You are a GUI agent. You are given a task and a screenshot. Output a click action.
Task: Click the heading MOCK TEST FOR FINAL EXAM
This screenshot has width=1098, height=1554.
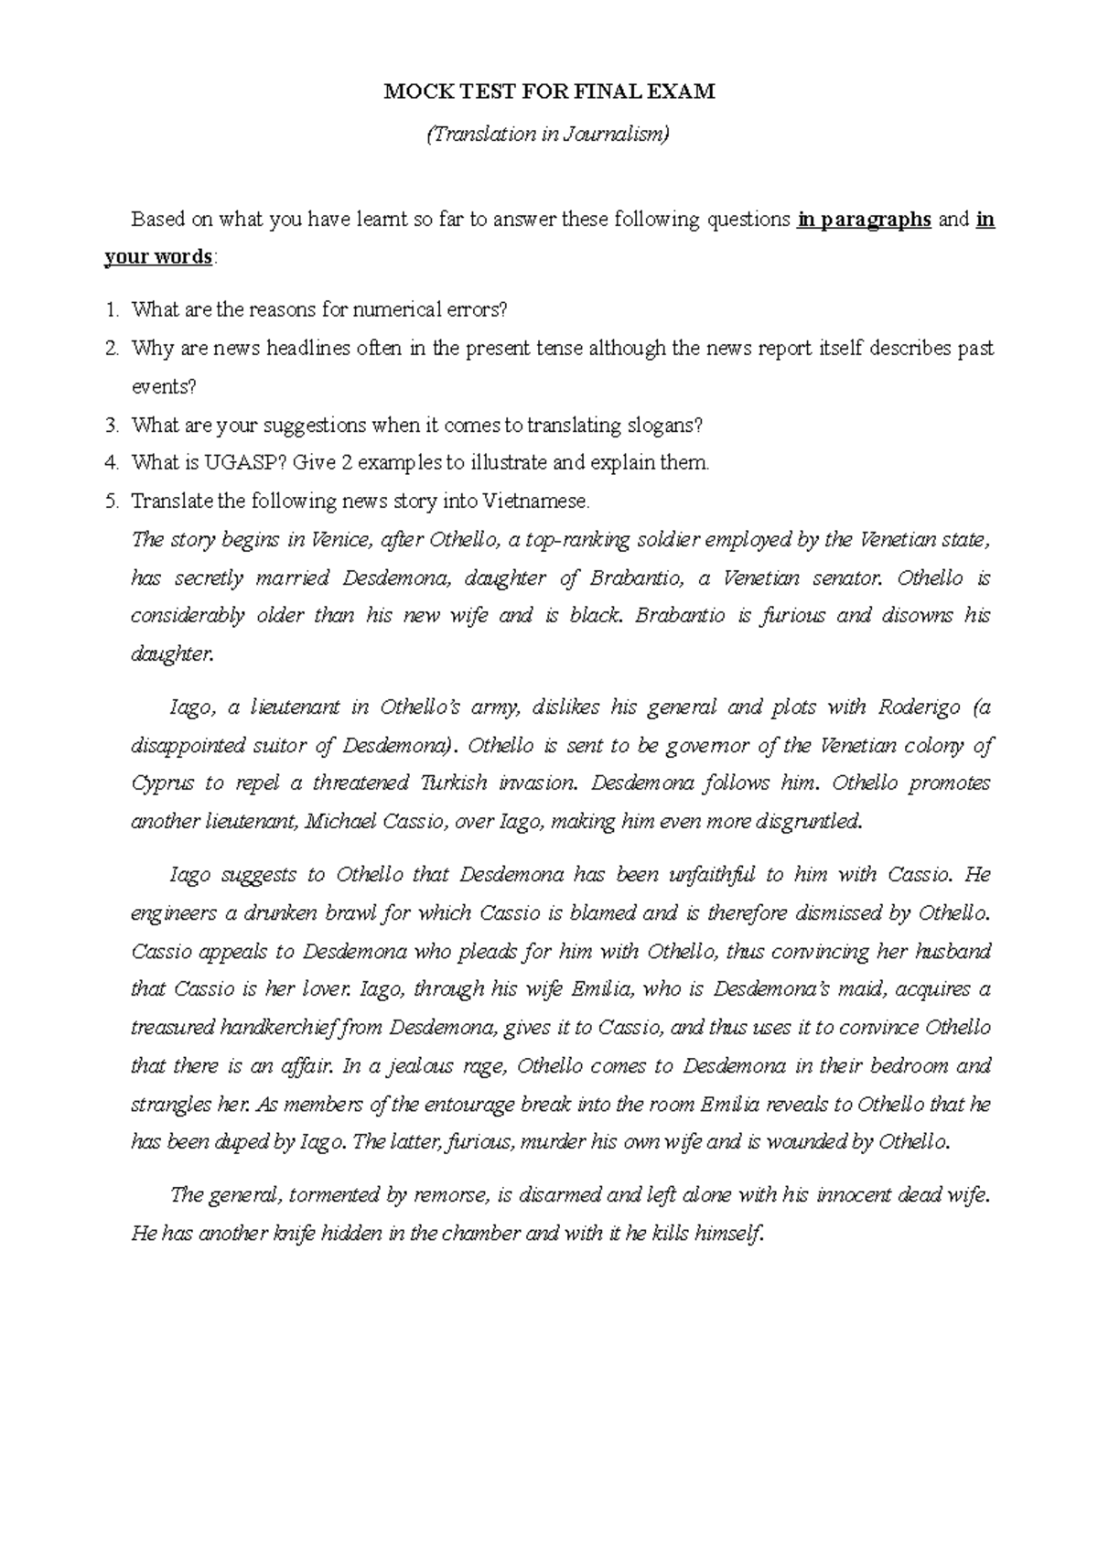click(549, 92)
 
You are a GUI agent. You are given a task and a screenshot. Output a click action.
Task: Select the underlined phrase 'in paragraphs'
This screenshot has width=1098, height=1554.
click(864, 220)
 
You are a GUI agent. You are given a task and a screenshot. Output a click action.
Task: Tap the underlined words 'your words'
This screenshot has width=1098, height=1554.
click(158, 257)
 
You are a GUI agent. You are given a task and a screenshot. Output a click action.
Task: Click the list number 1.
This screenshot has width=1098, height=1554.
click(111, 310)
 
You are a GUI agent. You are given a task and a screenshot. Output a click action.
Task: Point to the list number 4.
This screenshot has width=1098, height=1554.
click(111, 463)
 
